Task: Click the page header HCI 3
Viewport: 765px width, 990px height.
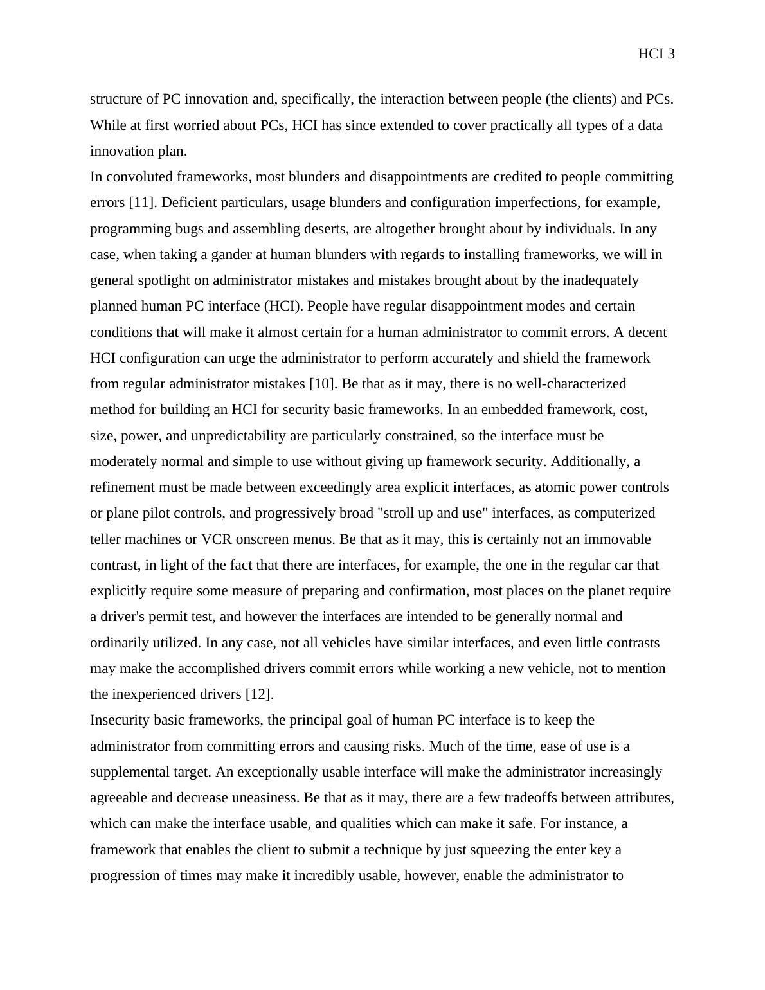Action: point(656,55)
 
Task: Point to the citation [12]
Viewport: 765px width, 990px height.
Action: point(260,695)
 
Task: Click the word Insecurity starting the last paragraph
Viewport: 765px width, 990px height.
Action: point(120,720)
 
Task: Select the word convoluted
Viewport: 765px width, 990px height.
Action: point(139,177)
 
